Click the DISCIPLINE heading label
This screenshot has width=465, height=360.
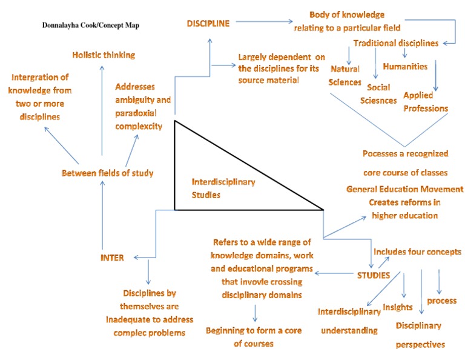click(x=208, y=24)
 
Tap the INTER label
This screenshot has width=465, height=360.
click(x=112, y=258)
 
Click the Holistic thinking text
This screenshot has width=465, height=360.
click(x=104, y=55)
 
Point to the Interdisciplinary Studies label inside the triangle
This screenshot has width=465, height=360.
click(x=223, y=187)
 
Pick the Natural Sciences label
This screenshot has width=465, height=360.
click(x=345, y=76)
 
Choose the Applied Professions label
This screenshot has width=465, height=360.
click(x=426, y=102)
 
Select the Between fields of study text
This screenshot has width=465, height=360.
click(x=108, y=173)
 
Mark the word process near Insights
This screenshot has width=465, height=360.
click(x=442, y=301)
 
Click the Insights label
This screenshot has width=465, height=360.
click(x=398, y=307)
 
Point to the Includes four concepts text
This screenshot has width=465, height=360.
click(x=417, y=252)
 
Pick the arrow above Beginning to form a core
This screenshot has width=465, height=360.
click(x=255, y=313)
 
